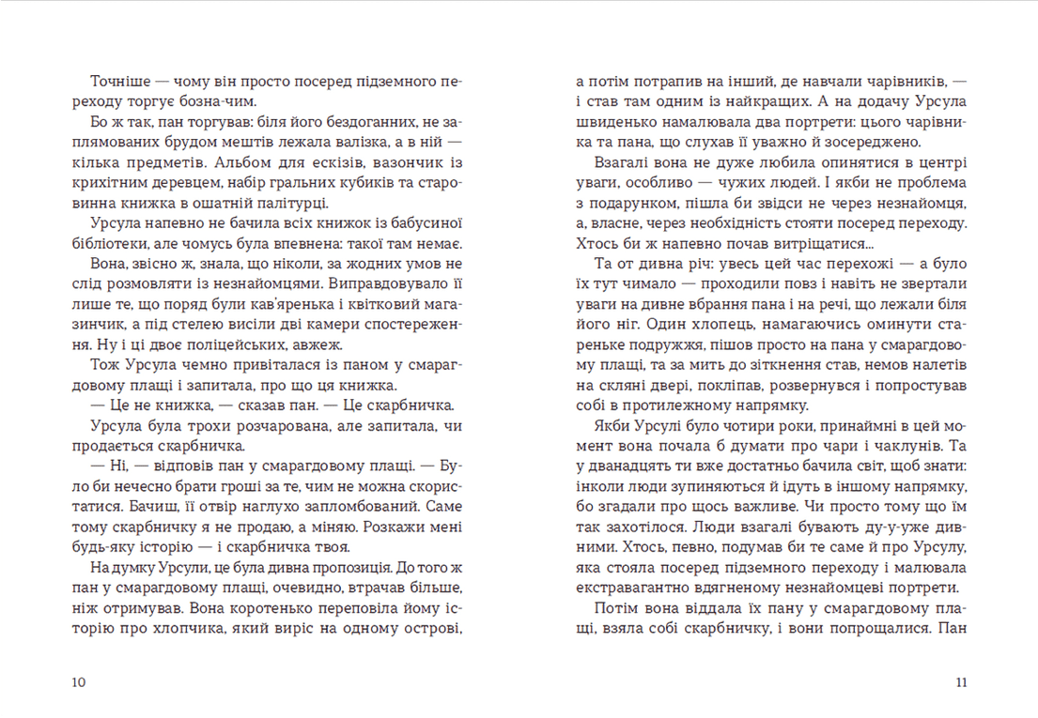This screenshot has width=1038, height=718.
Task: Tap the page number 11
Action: [960, 682]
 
